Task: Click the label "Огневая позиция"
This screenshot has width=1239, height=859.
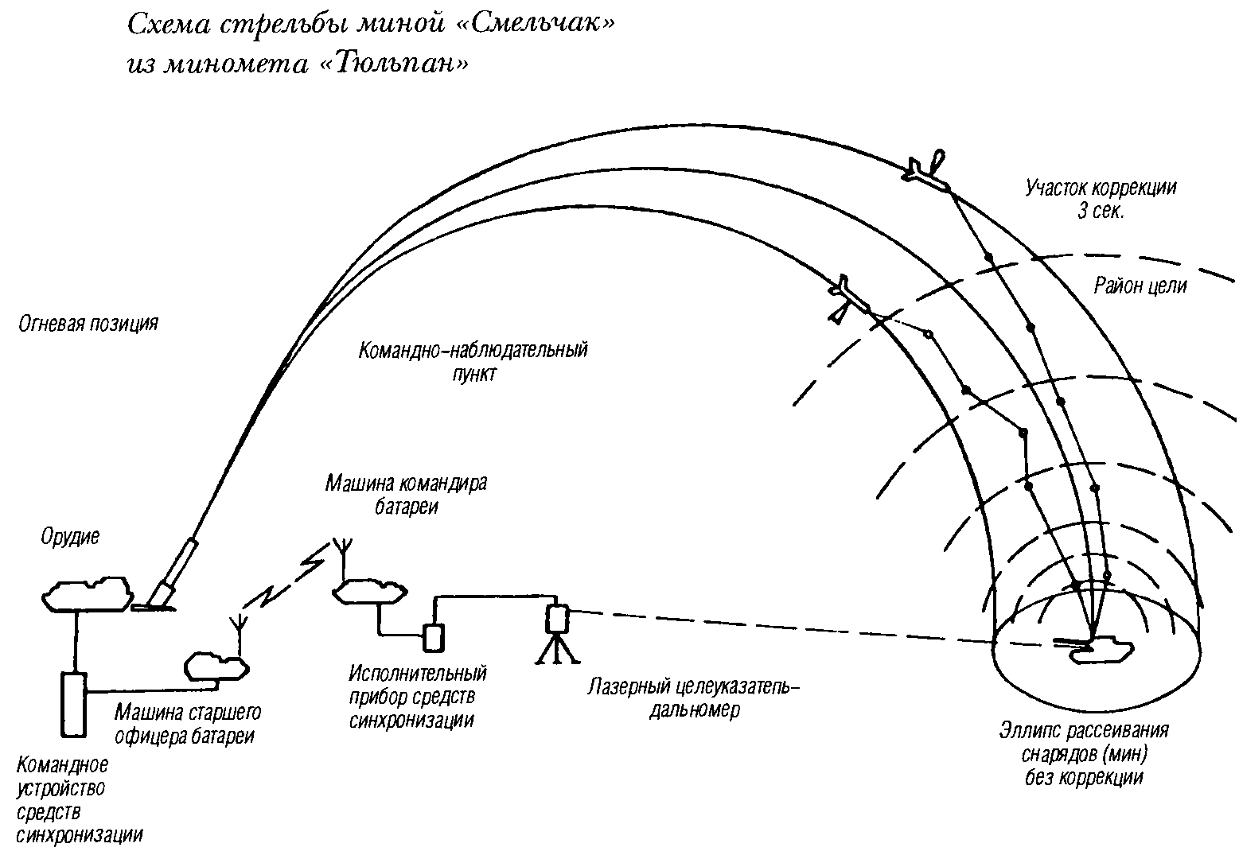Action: coord(88,325)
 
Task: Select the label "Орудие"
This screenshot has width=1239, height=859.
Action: coord(71,537)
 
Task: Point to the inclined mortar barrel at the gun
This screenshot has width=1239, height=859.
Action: coord(175,571)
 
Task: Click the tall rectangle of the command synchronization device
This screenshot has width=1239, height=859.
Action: coord(74,705)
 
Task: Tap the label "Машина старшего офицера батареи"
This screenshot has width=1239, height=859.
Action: coord(188,724)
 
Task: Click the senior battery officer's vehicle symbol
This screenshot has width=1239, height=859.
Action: coord(216,666)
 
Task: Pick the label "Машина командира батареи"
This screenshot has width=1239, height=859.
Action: coord(406,495)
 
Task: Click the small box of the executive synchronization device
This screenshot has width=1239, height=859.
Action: coord(433,636)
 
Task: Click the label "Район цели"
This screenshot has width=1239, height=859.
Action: coord(1140,286)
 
